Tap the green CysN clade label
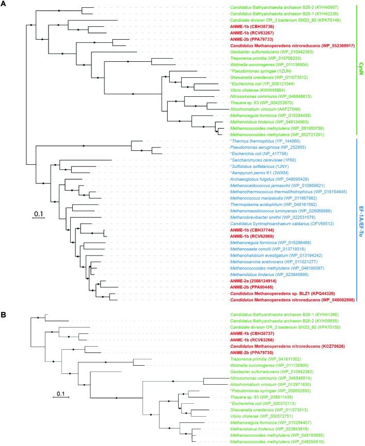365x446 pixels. pyautogui.click(x=360, y=66)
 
